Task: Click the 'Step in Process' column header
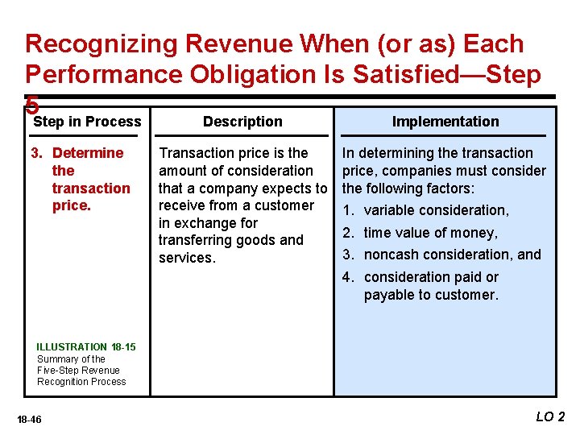[x=87, y=122]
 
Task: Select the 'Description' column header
[x=242, y=122]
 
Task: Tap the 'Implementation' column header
[x=445, y=122]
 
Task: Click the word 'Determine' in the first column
[x=88, y=153]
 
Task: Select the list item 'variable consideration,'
[x=436, y=210]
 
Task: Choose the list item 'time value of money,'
[x=430, y=233]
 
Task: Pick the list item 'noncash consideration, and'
[x=452, y=255]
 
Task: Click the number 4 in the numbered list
[x=346, y=277]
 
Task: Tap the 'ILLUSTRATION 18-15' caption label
[x=86, y=347]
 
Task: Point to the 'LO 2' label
[x=550, y=416]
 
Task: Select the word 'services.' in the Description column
[x=187, y=258]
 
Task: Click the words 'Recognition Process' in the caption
[x=81, y=382]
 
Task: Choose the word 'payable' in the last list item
[x=389, y=295]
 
